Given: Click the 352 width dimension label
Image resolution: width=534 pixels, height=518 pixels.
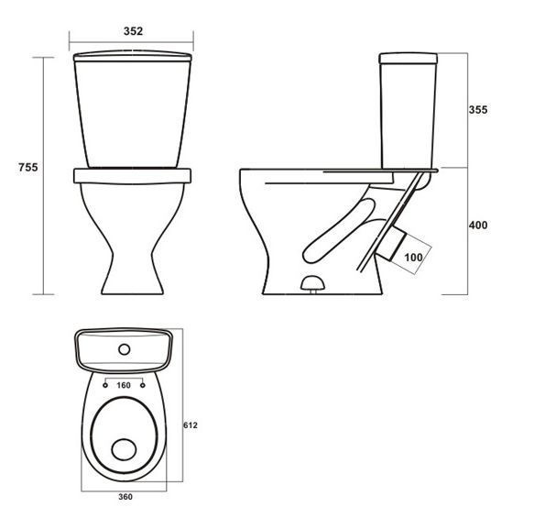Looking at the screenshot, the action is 133,31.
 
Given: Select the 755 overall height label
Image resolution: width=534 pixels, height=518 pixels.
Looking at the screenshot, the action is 28,168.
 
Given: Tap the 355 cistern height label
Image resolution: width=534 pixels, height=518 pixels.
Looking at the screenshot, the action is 478,110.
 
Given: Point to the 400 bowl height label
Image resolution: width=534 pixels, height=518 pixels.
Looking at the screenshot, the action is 478,225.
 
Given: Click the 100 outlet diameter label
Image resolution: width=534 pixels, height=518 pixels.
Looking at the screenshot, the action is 413,258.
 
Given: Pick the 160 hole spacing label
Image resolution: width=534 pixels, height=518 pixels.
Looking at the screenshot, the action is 124,385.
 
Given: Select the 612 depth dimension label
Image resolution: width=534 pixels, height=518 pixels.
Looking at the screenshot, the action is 191,425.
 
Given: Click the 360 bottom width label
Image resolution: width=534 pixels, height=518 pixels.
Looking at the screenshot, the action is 125,497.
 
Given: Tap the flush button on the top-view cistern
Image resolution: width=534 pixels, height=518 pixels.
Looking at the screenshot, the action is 125,349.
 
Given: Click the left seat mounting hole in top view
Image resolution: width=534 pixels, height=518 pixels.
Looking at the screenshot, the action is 105,385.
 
